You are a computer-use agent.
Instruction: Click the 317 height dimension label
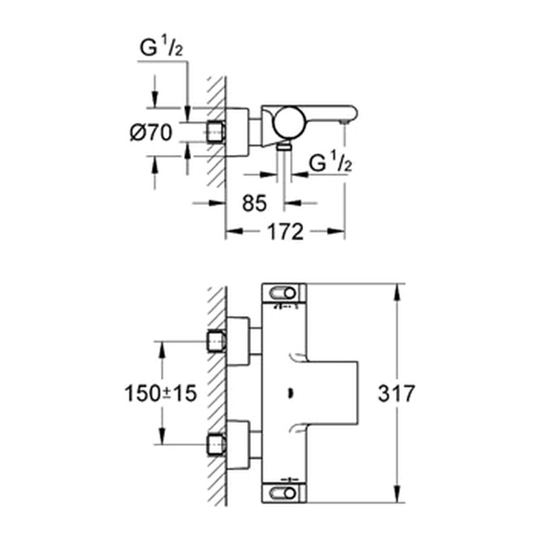pyautogui.click(x=396, y=393)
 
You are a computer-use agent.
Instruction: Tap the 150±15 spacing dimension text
pyautogui.click(x=161, y=393)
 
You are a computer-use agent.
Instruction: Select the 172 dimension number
pyautogui.click(x=285, y=231)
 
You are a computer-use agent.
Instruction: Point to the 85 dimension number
pyautogui.click(x=255, y=203)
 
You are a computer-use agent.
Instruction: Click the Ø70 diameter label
pyautogui.click(x=151, y=132)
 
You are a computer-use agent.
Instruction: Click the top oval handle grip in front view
pyautogui.click(x=283, y=293)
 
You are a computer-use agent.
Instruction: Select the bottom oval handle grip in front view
pyautogui.click(x=283, y=493)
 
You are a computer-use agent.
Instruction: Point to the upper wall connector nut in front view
pyautogui.click(x=217, y=341)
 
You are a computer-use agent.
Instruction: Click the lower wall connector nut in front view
pyautogui.click(x=217, y=444)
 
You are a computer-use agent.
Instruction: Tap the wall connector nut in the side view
pyautogui.click(x=216, y=132)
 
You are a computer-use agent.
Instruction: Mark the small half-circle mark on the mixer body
pyautogui.click(x=291, y=393)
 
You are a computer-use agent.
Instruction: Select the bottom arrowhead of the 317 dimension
pyautogui.click(x=397, y=494)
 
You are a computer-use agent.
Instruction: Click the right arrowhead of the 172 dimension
pyautogui.click(x=335, y=231)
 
